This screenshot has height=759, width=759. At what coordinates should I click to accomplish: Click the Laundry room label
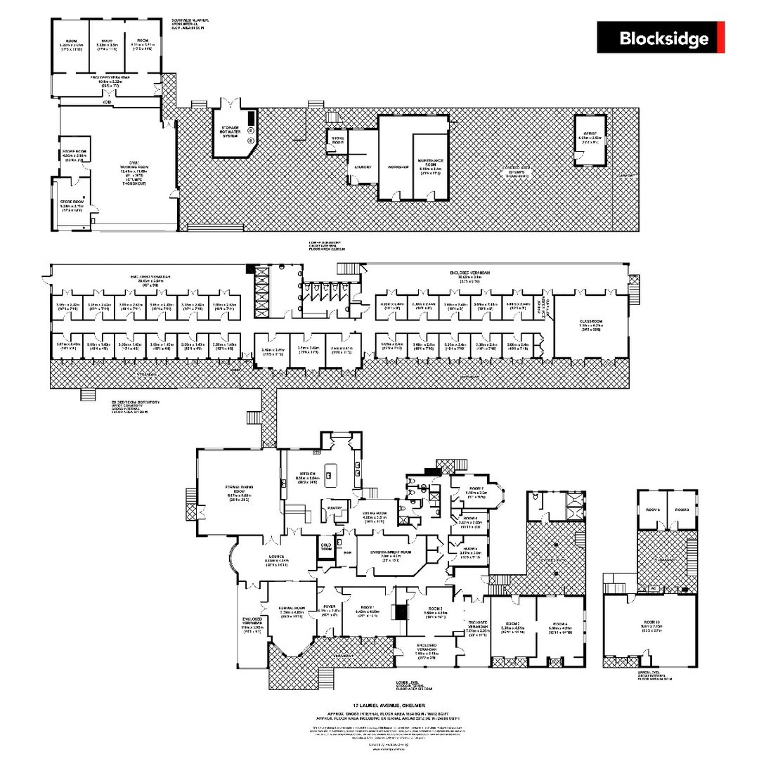click(363, 167)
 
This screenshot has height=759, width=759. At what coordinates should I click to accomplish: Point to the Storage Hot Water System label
click(231, 131)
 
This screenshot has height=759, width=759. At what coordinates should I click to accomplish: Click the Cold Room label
click(326, 545)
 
